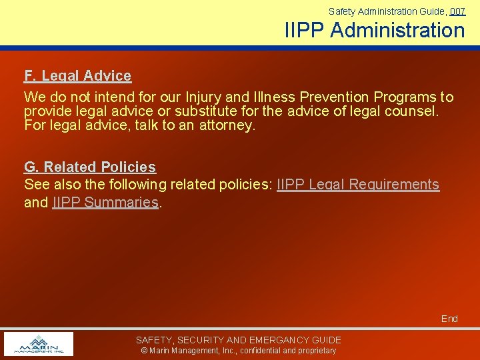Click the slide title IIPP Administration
375,30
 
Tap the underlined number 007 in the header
457,11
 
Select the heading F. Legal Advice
77,76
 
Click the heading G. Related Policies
90,167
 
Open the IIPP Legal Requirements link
358,185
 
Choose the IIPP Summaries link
105,202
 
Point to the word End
449,319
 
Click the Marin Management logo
38,344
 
